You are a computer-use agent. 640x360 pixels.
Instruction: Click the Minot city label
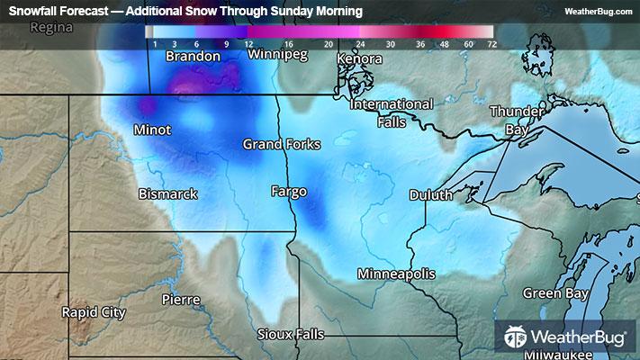151,130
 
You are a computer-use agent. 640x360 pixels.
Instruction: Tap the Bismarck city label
167,193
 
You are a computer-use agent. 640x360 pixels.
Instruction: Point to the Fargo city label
289,191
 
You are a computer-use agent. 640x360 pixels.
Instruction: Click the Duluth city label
430,194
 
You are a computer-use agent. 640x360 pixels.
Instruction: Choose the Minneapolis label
396,273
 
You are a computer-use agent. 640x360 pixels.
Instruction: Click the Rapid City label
94,312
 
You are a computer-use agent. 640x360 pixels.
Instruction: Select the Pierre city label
180,298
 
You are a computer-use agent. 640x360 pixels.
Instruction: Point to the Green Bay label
556,293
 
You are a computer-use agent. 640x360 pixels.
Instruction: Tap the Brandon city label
193,56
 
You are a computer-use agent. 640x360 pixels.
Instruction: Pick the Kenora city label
359,59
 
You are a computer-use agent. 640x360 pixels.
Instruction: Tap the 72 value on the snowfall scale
491,43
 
